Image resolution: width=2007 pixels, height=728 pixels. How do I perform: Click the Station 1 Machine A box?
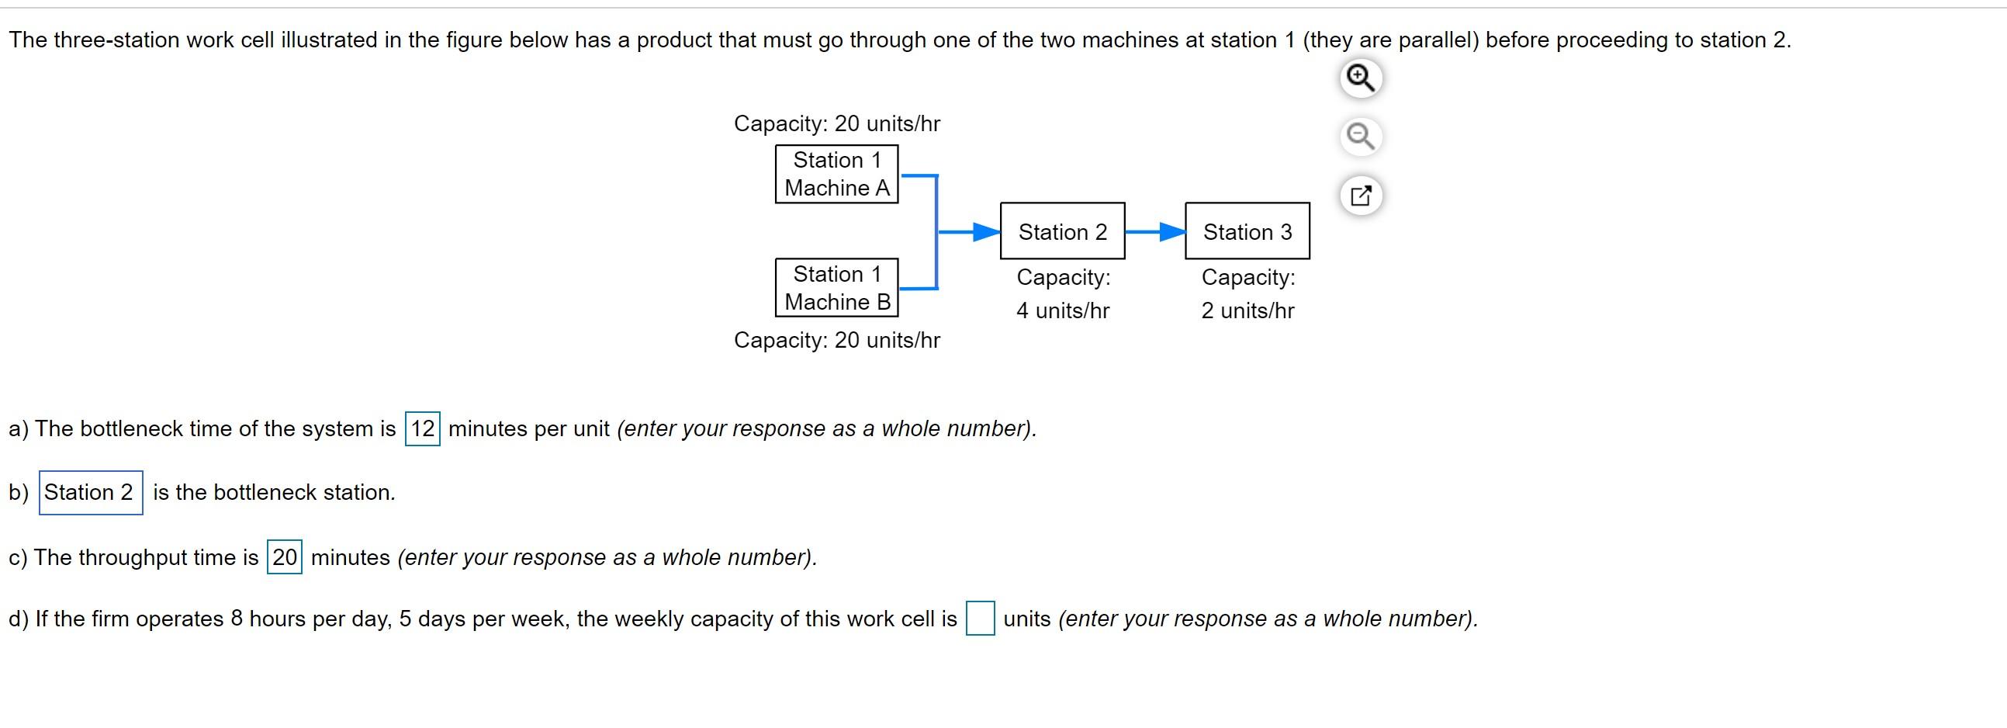(x=836, y=174)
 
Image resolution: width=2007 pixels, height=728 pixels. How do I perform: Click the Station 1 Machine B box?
(x=836, y=288)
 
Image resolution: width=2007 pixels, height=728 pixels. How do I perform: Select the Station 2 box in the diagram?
(x=1062, y=231)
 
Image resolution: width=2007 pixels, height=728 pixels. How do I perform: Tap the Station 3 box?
(x=1247, y=231)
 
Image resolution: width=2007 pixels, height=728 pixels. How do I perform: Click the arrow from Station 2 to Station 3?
(x=1154, y=231)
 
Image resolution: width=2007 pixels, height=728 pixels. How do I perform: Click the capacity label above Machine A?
(x=837, y=123)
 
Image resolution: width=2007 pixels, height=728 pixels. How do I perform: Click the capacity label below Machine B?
(x=837, y=340)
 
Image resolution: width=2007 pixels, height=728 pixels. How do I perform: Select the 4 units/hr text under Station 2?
(x=1062, y=310)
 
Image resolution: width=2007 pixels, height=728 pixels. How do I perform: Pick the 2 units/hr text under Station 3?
(x=1247, y=310)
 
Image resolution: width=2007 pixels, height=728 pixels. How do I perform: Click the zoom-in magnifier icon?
(x=1360, y=78)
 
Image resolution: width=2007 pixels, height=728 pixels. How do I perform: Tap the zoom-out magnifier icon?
(x=1360, y=137)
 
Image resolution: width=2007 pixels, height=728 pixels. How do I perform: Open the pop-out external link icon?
(x=1360, y=195)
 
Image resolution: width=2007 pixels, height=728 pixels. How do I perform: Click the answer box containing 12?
(x=422, y=428)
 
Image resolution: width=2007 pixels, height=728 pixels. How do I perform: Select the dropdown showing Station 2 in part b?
(x=90, y=493)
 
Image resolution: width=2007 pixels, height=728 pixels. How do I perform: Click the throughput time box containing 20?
(x=285, y=557)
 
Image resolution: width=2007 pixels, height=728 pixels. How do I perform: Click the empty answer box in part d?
(x=979, y=619)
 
